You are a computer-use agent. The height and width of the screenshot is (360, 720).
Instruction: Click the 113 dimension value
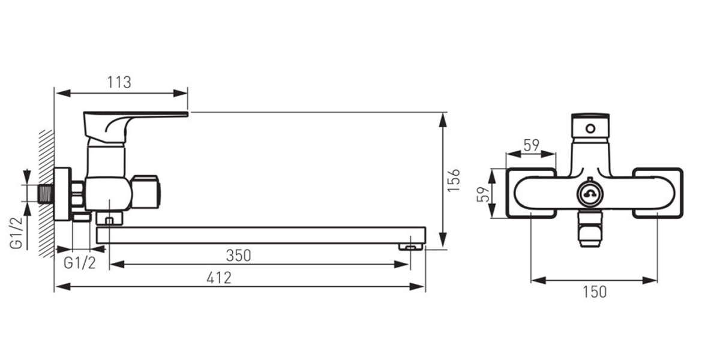coord(119,82)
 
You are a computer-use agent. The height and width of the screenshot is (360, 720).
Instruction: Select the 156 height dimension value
coord(454,181)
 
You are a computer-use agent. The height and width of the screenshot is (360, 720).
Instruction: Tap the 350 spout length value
coord(239,256)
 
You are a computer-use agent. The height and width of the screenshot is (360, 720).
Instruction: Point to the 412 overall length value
coord(219,278)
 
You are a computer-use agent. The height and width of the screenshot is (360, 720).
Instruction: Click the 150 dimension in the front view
coord(595,292)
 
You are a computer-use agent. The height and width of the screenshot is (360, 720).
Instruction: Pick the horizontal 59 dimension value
coord(532,145)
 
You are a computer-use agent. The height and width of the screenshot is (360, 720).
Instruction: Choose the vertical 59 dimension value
coord(483,194)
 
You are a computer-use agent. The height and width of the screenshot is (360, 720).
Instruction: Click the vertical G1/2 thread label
coord(17,233)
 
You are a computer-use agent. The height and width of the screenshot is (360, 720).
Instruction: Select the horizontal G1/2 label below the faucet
coord(80,263)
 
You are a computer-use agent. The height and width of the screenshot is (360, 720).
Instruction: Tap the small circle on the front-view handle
coord(590,129)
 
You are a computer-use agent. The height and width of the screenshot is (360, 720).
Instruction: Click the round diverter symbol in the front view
coord(590,194)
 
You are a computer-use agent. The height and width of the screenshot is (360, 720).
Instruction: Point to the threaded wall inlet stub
coord(46,194)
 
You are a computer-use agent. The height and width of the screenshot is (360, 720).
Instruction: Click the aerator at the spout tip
coord(410,247)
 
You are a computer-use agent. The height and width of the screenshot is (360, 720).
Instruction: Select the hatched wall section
coord(46,193)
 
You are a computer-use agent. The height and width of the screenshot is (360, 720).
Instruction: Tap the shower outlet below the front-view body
coord(590,229)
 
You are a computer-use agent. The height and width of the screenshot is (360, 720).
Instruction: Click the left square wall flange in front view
coord(531,193)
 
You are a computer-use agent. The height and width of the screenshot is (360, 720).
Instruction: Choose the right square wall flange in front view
coord(658,193)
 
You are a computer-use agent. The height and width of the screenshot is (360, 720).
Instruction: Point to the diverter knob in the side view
coord(146,191)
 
